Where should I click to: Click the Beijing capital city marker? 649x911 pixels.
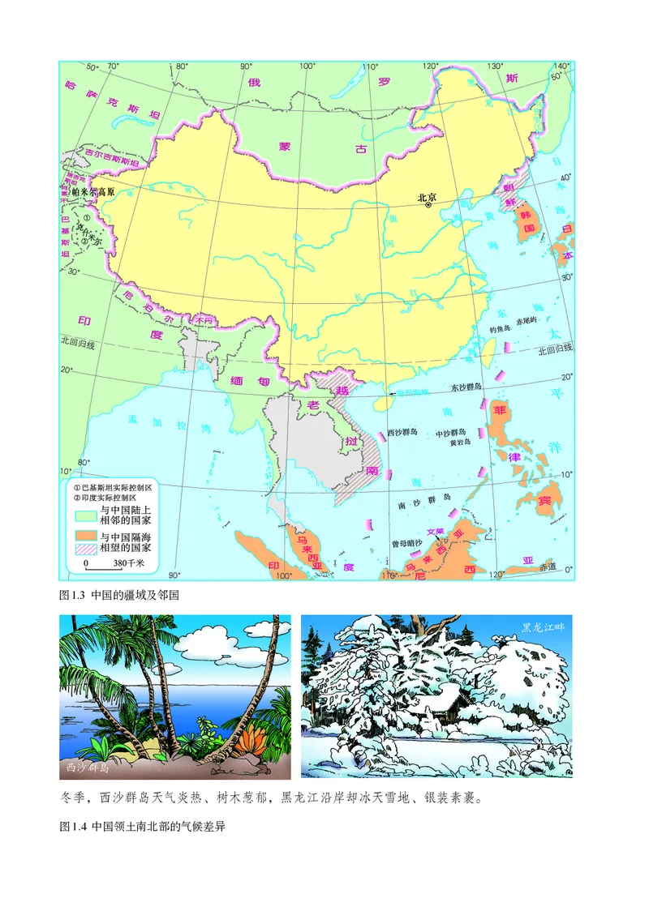(428, 206)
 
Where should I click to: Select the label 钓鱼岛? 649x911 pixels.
(498, 329)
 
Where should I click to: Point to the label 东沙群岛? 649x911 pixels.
(466, 387)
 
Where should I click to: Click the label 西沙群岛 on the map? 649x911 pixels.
(403, 432)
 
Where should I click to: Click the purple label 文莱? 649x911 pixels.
(436, 532)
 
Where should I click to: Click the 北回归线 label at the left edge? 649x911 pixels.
(78, 345)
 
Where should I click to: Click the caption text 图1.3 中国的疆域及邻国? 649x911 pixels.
(119, 595)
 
